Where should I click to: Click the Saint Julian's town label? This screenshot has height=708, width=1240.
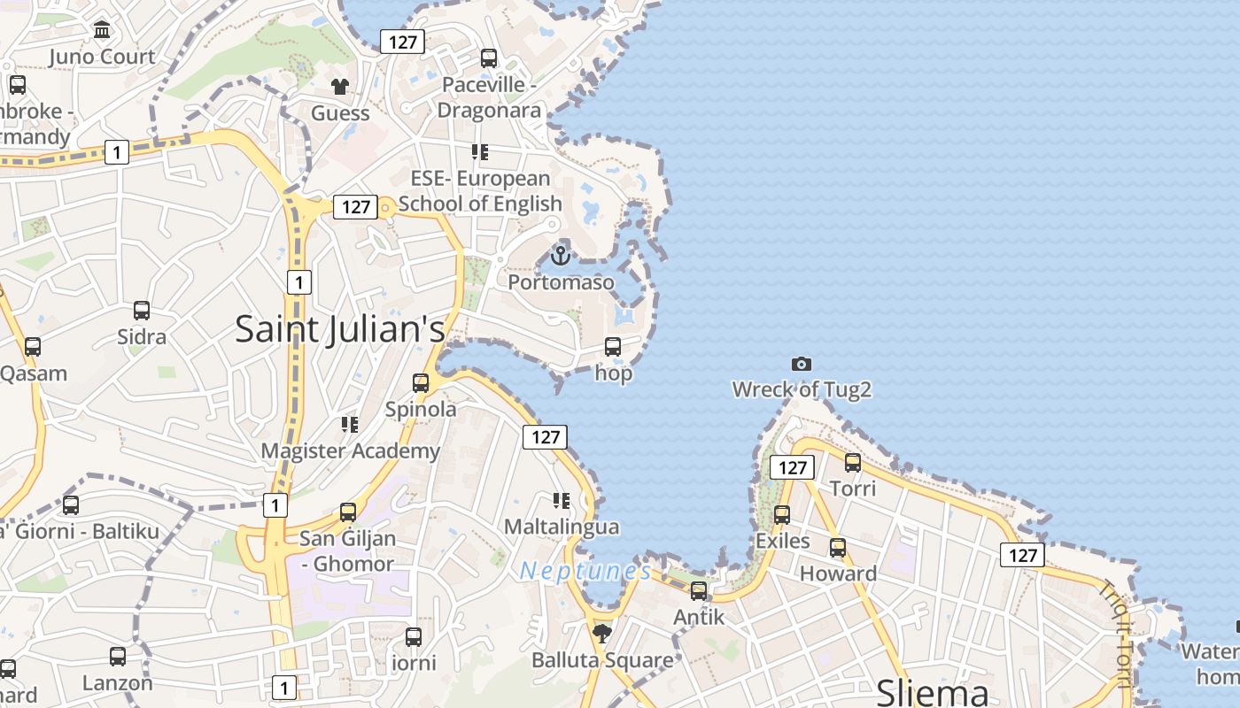point(340,329)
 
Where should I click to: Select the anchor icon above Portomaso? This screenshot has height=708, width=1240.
point(560,256)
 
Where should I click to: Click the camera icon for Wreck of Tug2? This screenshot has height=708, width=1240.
point(802,364)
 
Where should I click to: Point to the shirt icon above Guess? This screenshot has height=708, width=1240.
point(340,87)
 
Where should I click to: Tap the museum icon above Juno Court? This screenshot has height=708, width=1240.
point(102,31)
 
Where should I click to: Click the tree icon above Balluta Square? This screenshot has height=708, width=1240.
point(602,633)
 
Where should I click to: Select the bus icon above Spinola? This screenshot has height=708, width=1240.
point(421,383)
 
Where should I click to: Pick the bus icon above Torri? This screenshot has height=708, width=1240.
point(853,462)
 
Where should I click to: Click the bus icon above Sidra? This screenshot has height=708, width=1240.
point(142,311)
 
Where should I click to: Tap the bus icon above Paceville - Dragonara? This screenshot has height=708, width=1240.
point(489,58)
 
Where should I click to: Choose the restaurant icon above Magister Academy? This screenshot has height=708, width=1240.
point(350,425)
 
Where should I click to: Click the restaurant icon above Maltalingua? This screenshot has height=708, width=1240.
point(561,501)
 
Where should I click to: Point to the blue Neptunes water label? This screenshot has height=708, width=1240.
point(585,572)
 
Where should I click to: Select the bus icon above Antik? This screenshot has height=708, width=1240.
point(699,591)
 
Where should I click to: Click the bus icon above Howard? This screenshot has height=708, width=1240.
point(838,548)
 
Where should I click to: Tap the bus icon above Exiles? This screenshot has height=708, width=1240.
point(782,515)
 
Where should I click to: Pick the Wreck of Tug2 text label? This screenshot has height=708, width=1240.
point(802,389)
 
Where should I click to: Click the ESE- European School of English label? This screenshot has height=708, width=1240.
point(480,191)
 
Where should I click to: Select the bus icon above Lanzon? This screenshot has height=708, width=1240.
point(118,657)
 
